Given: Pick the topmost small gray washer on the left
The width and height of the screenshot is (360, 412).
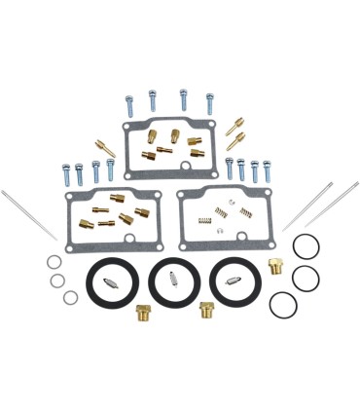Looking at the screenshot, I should [50, 263].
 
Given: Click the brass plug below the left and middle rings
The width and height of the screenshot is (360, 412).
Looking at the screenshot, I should [143, 316].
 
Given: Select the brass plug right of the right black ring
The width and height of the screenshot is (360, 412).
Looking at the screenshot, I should [275, 267].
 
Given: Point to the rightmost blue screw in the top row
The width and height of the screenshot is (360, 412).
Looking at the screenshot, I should [209, 102].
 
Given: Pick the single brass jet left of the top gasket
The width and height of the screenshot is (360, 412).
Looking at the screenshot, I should [101, 145].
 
